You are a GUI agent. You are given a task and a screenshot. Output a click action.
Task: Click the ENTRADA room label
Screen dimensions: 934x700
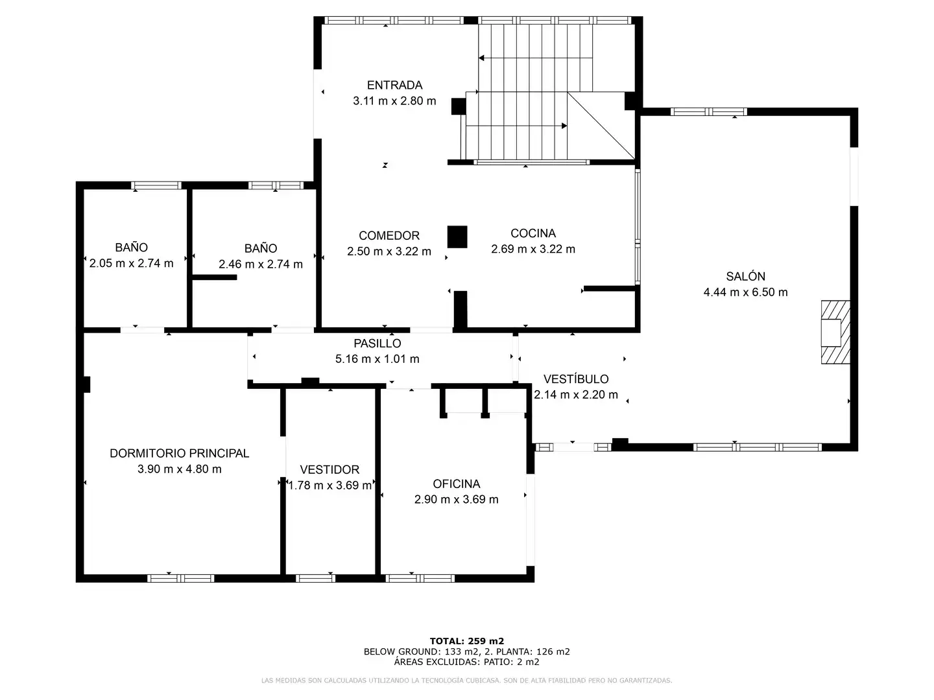point(394,86)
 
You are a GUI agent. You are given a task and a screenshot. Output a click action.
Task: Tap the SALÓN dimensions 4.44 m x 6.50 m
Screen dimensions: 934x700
point(745,292)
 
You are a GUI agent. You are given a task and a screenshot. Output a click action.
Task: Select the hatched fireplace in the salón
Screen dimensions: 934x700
point(835,332)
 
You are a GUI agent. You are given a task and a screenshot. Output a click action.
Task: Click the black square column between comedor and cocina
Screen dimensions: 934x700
point(457,237)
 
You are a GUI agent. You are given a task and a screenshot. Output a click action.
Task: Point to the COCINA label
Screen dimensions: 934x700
point(533,233)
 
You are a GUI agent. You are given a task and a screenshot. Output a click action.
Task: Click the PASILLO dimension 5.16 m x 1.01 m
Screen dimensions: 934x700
point(377,359)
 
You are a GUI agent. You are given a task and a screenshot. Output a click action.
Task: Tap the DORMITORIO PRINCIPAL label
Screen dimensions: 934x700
point(179,454)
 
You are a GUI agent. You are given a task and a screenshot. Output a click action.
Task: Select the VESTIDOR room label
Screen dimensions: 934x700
point(329,470)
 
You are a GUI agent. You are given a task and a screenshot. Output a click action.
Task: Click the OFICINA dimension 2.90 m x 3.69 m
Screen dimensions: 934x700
point(456,499)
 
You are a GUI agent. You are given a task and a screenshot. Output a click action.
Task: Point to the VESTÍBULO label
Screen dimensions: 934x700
point(576,379)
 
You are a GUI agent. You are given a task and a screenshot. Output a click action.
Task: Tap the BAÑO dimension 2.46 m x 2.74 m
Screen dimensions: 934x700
point(260,264)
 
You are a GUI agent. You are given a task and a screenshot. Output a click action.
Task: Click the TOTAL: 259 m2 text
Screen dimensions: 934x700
point(467,641)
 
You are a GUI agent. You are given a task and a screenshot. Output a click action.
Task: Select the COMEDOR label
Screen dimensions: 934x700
point(389,236)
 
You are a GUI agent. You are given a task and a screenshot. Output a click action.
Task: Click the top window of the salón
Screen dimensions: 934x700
point(708,111)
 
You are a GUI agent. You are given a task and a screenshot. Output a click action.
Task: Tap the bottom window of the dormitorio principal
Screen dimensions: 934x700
point(180,578)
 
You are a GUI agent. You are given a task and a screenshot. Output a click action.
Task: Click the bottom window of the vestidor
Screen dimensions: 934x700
point(315,578)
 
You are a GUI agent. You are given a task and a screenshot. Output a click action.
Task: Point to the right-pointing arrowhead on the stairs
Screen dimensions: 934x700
point(564,126)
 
